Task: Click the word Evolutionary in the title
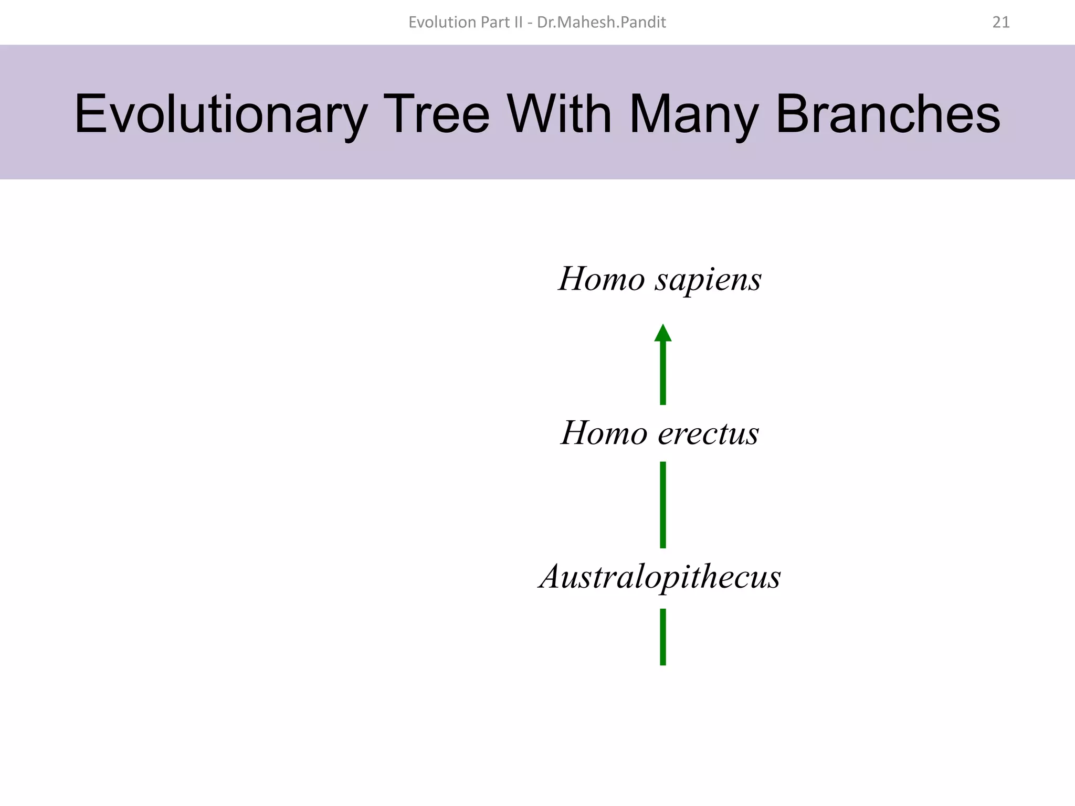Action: coord(220,114)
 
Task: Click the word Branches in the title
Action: coord(888,114)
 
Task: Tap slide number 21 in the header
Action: coord(1001,22)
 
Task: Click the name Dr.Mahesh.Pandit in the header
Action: coord(602,22)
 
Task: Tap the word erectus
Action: coord(708,433)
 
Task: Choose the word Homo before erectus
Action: coord(604,433)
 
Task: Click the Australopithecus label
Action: coord(660,577)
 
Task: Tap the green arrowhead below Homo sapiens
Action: coord(663,333)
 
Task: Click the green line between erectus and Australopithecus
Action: coord(663,505)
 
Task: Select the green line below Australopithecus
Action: coord(663,637)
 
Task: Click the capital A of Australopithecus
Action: coord(553,576)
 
